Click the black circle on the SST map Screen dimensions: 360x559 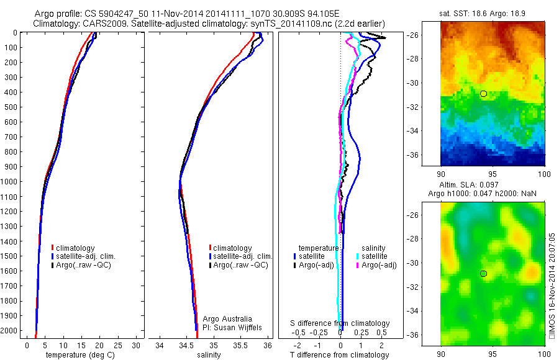coord(483,94)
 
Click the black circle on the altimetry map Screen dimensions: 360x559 coord(483,274)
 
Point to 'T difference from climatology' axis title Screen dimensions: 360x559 coord(340,355)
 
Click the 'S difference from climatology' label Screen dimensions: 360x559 coord(340,323)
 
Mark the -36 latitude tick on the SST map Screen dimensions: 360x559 coord(430,155)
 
